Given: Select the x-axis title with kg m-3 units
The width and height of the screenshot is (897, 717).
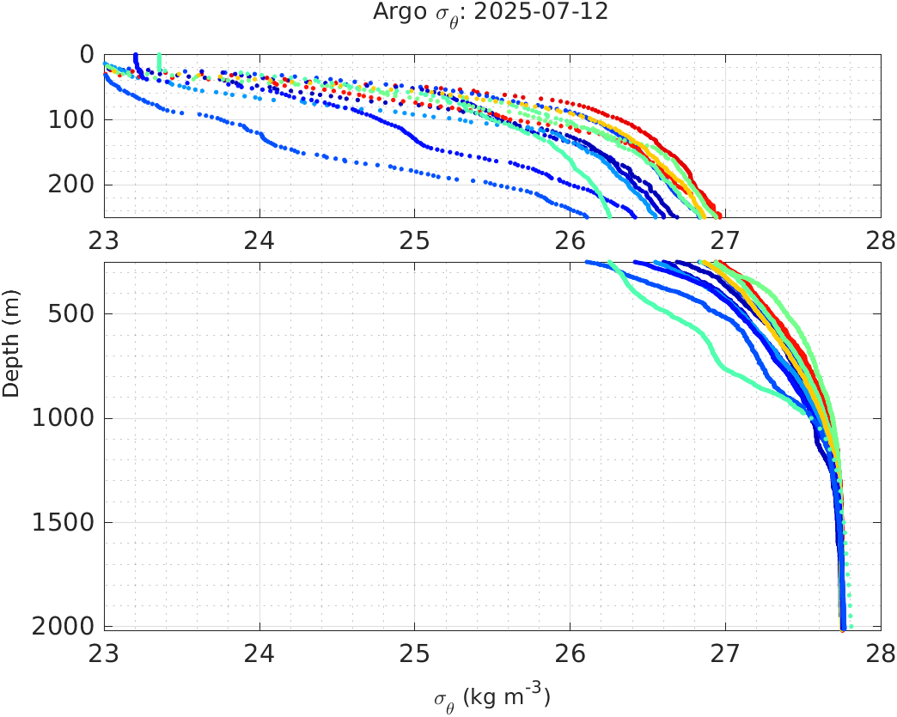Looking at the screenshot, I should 491,697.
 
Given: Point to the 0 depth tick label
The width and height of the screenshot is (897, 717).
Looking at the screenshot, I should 87,55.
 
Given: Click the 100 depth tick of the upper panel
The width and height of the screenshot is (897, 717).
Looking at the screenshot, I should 73,119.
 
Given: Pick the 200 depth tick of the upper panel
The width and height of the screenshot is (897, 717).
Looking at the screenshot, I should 73,185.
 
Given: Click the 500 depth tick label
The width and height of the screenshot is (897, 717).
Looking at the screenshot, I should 73,314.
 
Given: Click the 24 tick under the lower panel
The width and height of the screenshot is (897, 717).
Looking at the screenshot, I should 259,650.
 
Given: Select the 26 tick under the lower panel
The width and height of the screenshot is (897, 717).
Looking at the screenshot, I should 571,650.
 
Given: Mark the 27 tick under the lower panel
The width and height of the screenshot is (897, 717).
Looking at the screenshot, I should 725,650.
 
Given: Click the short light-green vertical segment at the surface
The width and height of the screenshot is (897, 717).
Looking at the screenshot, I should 159,62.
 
